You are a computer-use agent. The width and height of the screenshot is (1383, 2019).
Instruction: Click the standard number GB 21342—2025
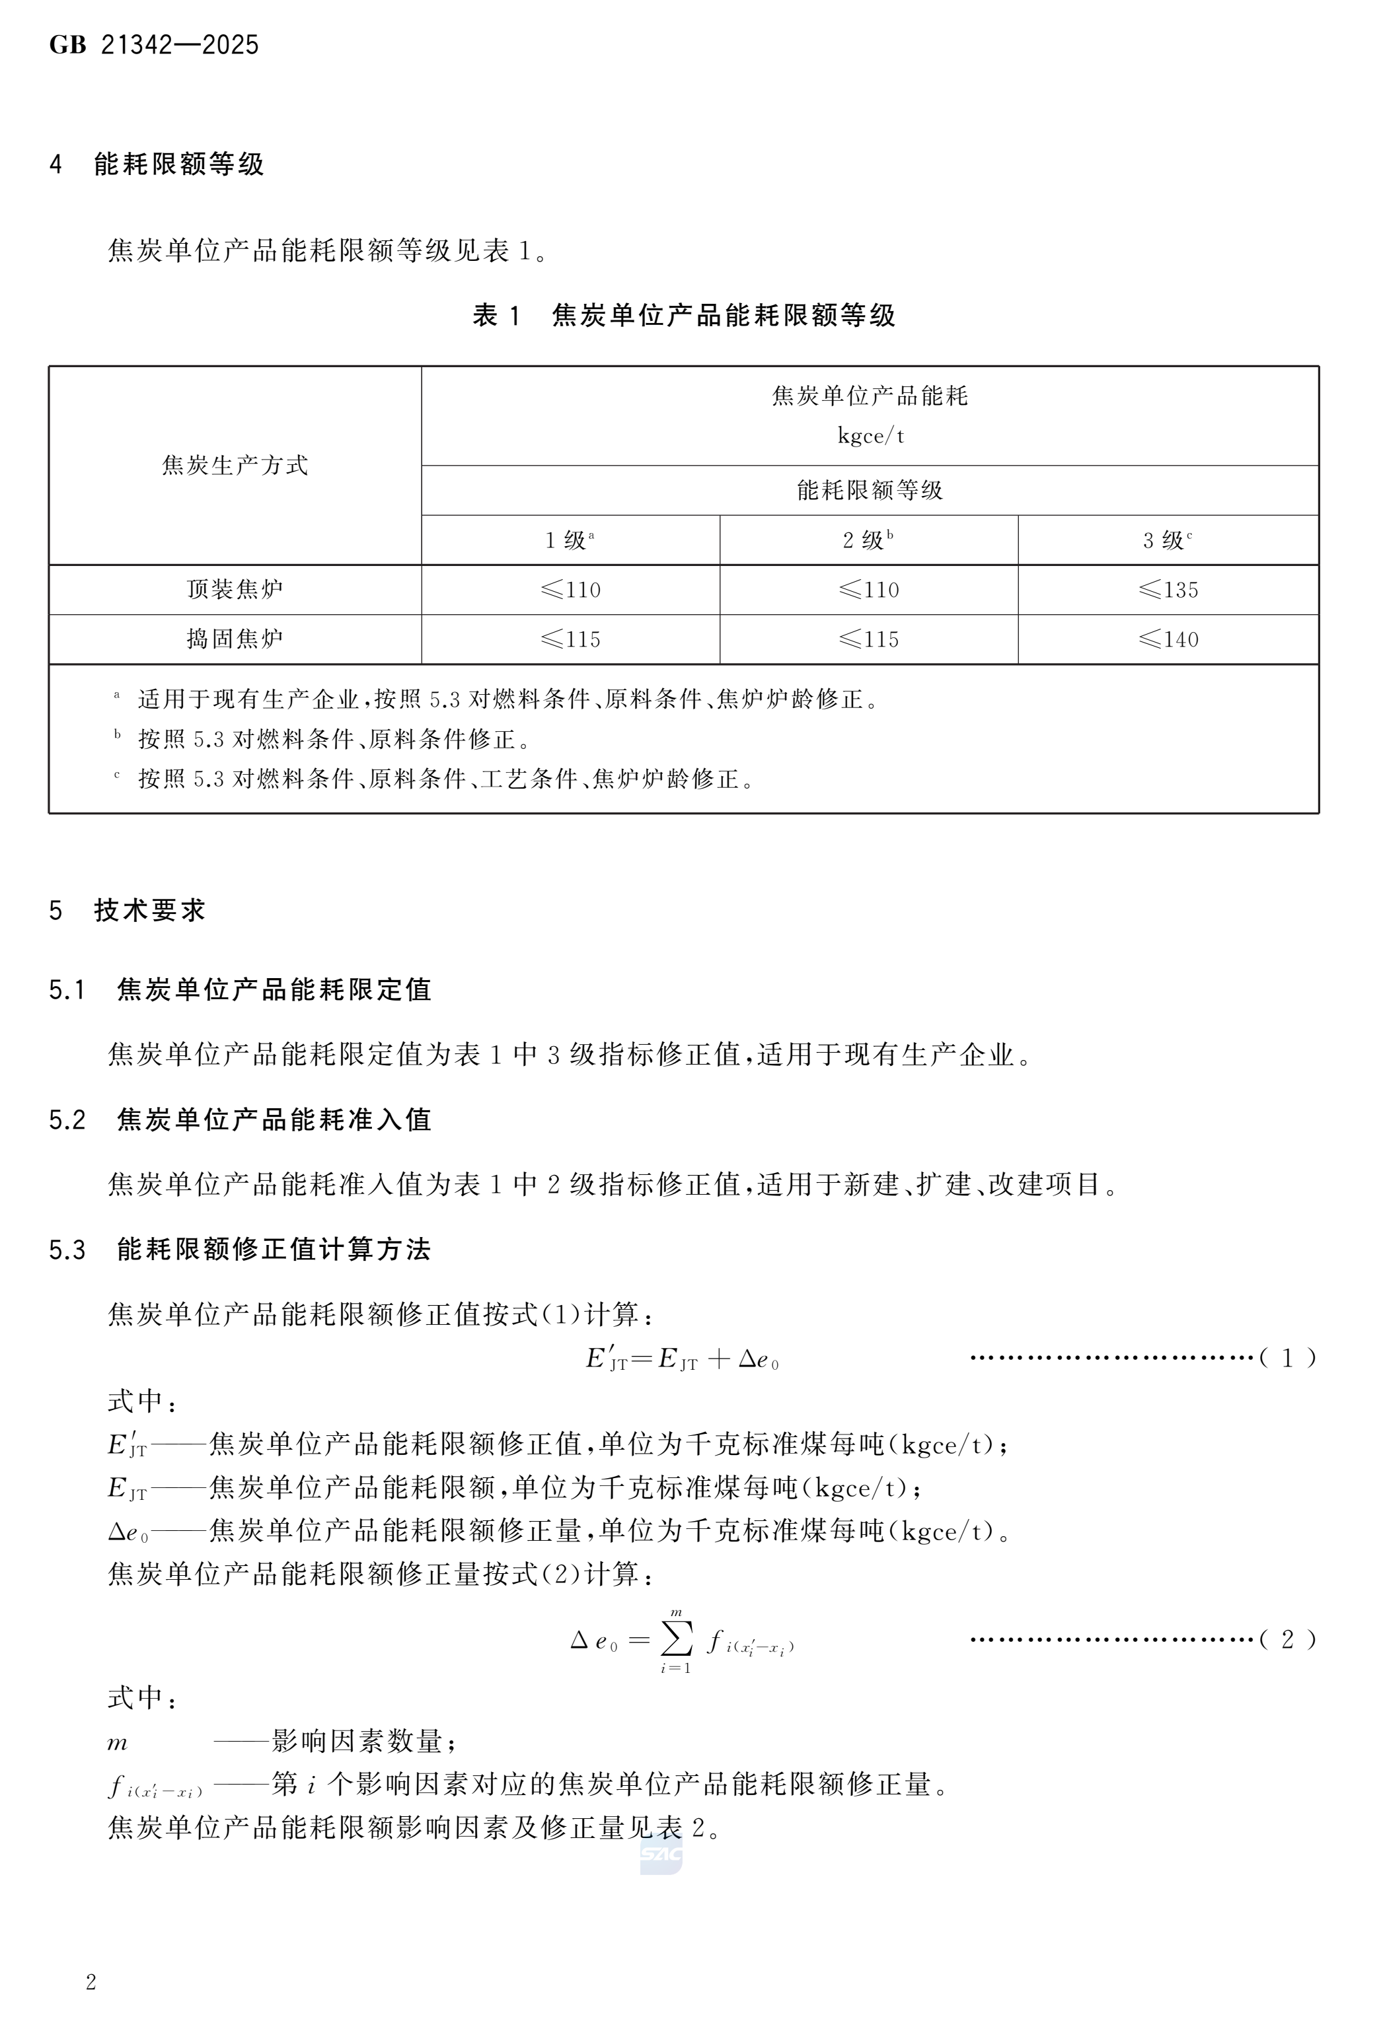(x=154, y=45)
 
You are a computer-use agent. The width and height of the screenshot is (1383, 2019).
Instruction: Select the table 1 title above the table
(x=683, y=315)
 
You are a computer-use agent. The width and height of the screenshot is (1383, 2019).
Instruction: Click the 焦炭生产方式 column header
(x=235, y=466)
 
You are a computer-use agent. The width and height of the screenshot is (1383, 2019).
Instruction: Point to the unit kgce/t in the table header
(x=870, y=436)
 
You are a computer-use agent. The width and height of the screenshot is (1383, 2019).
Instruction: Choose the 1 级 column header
(x=570, y=540)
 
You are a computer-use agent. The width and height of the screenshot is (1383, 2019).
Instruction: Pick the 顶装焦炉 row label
(x=235, y=590)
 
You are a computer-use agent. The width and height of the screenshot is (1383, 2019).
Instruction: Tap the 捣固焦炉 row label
(x=235, y=639)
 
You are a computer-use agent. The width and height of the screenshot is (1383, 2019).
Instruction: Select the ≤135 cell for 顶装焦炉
(x=1168, y=590)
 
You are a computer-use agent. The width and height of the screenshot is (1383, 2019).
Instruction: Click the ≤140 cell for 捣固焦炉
(x=1168, y=640)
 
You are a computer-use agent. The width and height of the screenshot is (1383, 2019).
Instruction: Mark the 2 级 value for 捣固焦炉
(x=868, y=640)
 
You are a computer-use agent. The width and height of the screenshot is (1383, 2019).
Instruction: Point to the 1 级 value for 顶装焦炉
(x=570, y=590)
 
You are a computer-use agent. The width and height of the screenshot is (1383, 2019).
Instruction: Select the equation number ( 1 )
(x=1287, y=1358)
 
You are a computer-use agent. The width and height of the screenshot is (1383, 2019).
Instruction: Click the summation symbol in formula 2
(x=676, y=1639)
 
